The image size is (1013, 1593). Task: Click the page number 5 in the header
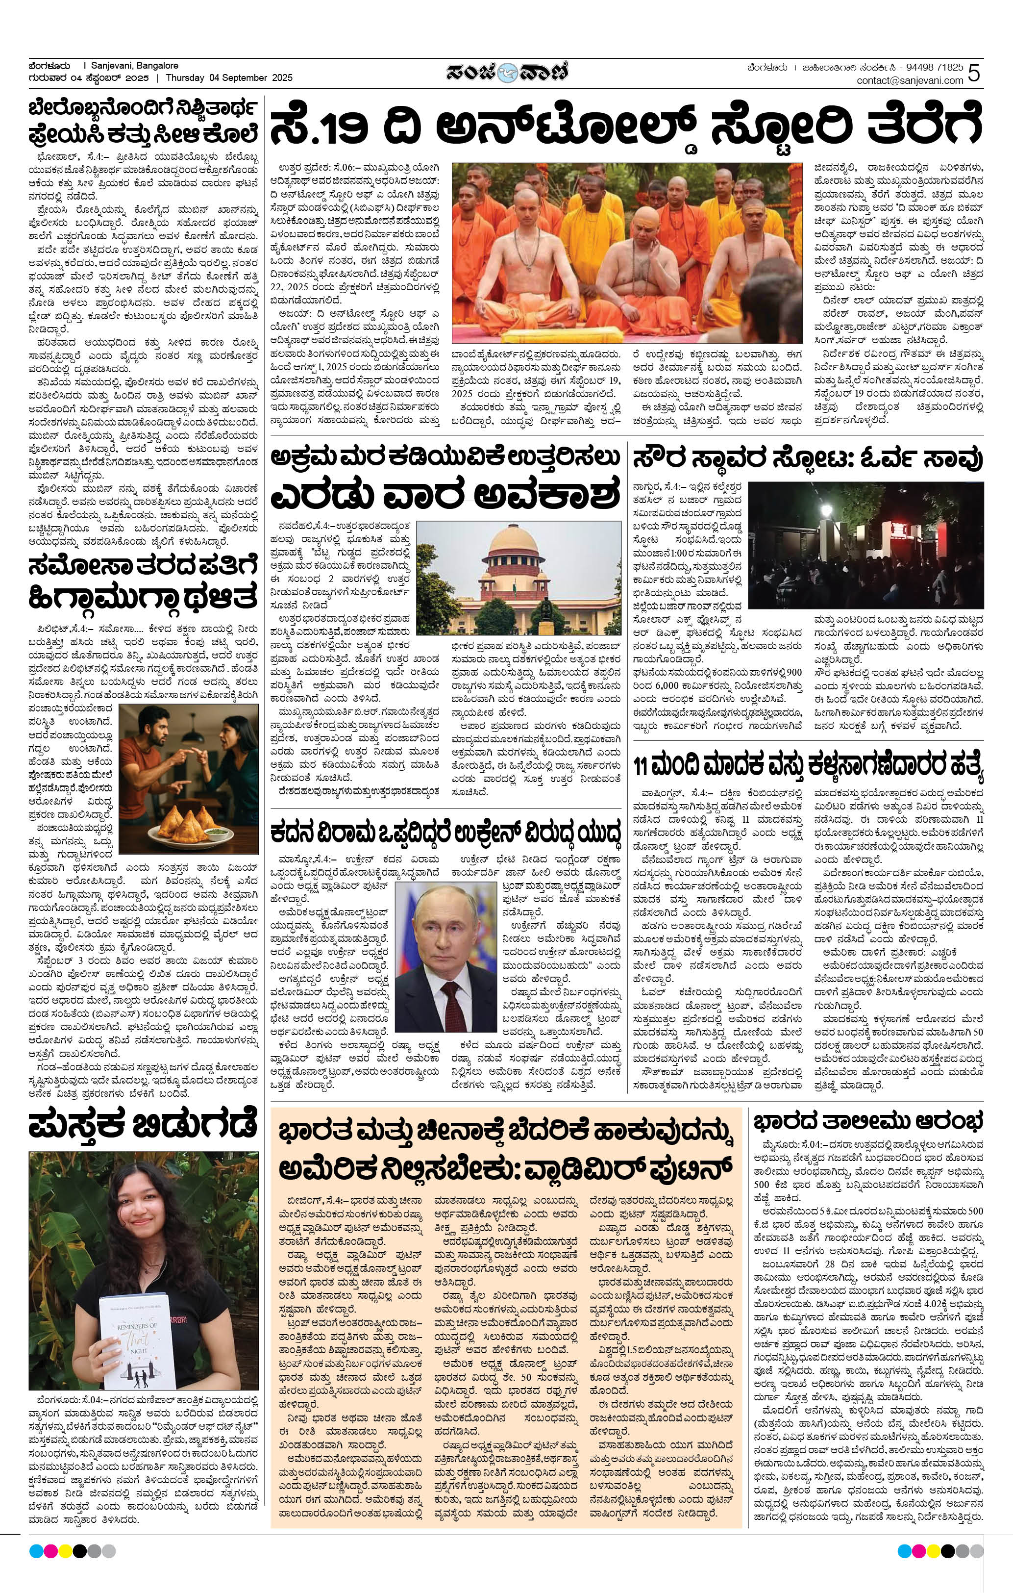975,74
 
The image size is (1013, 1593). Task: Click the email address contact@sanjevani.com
910,81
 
